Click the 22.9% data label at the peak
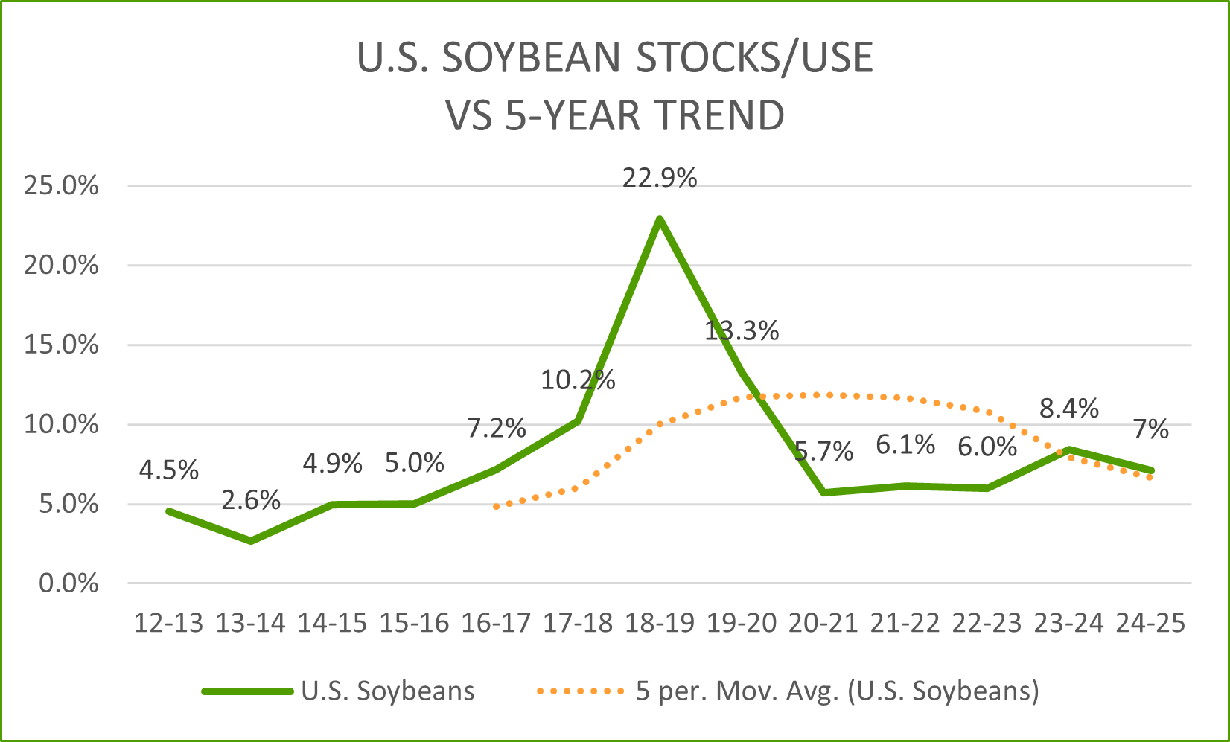point(660,179)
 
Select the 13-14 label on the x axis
point(250,623)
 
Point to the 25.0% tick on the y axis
point(61,185)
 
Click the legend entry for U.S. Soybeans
point(339,691)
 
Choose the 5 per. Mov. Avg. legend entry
point(788,691)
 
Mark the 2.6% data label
point(251,500)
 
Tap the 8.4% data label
point(1069,408)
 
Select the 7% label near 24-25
point(1151,429)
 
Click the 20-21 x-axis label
point(823,623)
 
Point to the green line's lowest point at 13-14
point(251,541)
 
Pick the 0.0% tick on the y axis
point(68,583)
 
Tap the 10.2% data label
point(578,380)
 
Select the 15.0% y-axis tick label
point(61,345)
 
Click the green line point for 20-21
point(823,493)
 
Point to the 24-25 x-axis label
point(1150,623)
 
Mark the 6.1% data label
point(905,445)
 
